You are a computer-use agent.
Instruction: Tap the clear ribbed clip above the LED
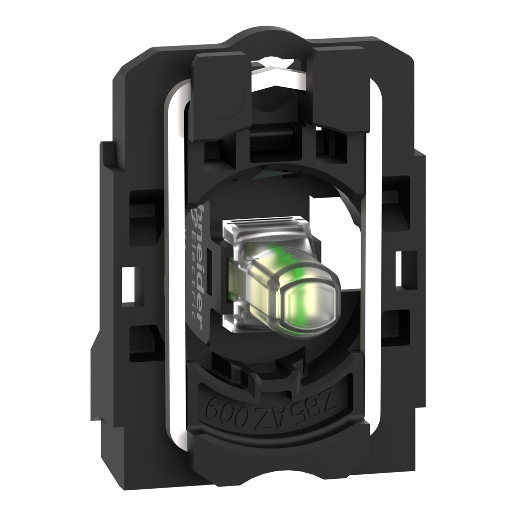[x=263, y=227]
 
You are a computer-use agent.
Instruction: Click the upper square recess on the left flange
[x=140, y=204]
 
